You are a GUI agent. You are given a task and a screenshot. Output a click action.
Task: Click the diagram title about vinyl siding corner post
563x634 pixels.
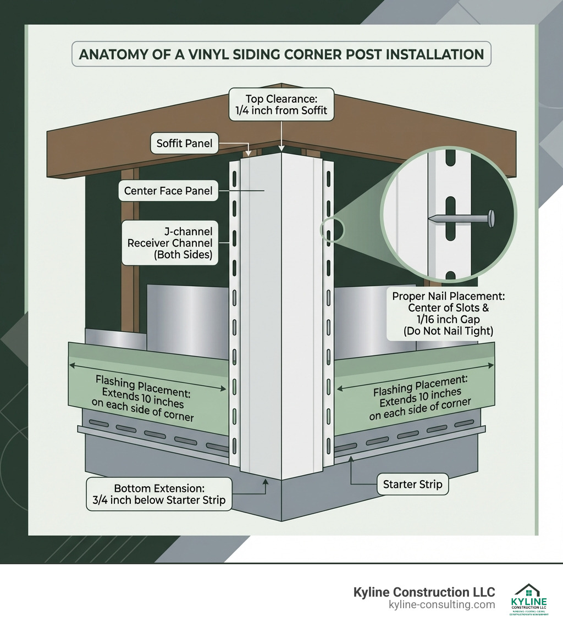click(x=281, y=55)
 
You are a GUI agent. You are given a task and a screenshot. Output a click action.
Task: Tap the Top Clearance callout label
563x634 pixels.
click(x=281, y=104)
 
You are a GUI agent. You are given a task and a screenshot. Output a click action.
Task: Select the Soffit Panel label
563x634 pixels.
click(x=184, y=144)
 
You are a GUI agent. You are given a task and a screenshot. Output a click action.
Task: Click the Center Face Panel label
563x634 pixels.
click(x=168, y=191)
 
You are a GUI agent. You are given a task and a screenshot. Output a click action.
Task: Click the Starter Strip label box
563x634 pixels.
click(x=412, y=485)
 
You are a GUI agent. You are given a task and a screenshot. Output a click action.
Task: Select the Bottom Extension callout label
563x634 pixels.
click(x=159, y=494)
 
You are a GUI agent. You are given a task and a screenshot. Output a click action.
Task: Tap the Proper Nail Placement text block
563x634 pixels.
click(x=448, y=313)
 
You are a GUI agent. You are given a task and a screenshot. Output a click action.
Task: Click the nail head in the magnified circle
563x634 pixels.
click(x=492, y=219)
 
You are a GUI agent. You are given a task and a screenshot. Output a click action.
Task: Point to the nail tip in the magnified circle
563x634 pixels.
click(x=430, y=219)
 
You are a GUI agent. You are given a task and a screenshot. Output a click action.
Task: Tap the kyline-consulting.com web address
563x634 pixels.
click(x=441, y=605)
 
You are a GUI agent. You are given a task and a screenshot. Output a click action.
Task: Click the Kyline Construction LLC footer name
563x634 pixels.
click(x=424, y=592)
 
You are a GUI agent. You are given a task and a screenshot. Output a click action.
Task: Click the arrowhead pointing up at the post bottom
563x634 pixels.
click(x=266, y=481)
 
